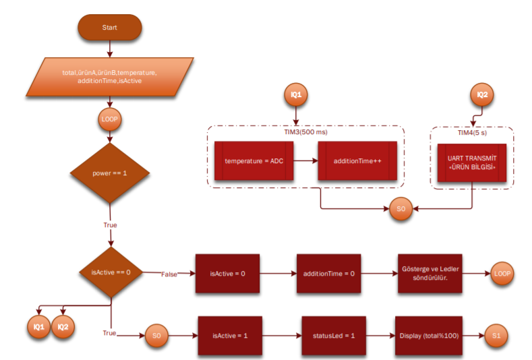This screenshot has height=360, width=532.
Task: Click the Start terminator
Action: (x=109, y=28)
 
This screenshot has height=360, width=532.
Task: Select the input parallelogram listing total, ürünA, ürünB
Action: (x=109, y=76)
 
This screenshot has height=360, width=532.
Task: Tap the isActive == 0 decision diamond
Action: (x=109, y=273)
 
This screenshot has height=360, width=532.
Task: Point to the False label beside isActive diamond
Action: (x=169, y=274)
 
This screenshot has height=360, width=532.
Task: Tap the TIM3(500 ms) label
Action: (x=305, y=132)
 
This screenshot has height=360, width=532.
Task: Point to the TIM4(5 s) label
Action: (x=472, y=132)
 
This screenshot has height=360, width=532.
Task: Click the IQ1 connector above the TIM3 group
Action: (x=295, y=96)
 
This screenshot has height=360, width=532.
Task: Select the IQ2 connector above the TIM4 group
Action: (x=481, y=96)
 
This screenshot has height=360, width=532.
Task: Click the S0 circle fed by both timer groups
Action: (x=400, y=209)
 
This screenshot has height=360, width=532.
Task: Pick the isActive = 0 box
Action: (x=227, y=274)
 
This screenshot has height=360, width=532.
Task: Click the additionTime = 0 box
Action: (x=328, y=274)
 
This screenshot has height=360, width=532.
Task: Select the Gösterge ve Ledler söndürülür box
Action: (x=430, y=274)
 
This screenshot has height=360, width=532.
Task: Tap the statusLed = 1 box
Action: (x=334, y=335)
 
